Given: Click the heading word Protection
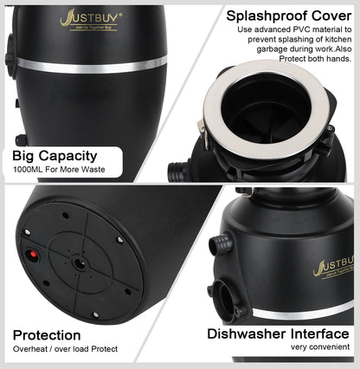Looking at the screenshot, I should tap(47, 335).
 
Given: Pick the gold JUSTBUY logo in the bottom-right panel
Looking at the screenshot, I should tap(334, 267).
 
